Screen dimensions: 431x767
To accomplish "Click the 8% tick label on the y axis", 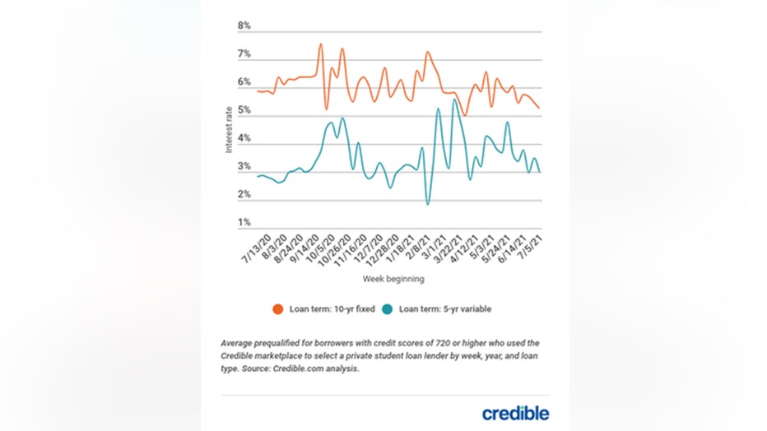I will [x=244, y=26].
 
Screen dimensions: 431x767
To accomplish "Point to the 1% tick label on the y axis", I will [x=244, y=223].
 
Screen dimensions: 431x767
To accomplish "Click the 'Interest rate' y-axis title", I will [x=230, y=128].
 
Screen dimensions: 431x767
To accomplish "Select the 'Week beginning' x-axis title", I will [x=393, y=280].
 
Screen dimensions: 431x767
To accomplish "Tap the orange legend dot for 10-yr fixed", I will [x=278, y=309].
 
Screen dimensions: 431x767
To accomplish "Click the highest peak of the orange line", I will [x=320, y=44].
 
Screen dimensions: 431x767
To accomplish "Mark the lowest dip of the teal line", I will [x=427, y=204].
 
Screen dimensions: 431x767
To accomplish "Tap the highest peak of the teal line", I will [x=454, y=100].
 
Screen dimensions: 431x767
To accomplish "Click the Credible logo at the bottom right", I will [x=515, y=412].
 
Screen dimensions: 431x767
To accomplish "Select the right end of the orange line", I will [x=538, y=108].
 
